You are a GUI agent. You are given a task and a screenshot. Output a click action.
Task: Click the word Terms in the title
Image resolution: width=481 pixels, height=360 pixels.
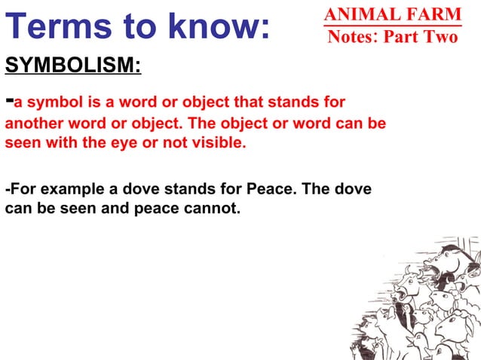coord(54,27)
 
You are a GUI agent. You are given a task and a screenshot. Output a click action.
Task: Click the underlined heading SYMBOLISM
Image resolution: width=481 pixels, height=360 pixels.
coord(72,66)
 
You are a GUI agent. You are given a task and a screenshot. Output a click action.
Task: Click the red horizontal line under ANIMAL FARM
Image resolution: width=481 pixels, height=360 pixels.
coord(392,25)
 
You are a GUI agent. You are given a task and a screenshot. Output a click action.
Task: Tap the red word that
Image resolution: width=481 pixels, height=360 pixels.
coord(236,102)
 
